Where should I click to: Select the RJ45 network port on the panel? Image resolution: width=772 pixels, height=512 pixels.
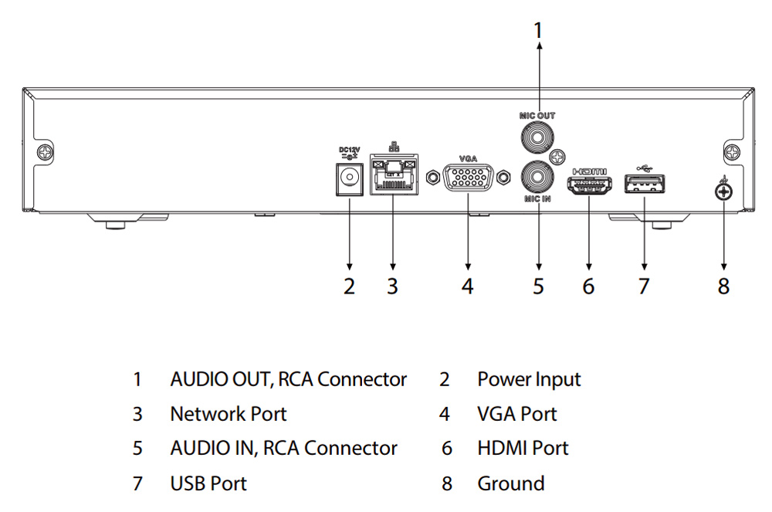click(x=392, y=177)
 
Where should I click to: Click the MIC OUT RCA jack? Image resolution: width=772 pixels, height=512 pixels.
click(x=537, y=139)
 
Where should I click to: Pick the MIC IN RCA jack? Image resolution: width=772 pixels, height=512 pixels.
click(x=537, y=177)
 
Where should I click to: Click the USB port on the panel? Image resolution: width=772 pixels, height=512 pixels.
click(x=645, y=185)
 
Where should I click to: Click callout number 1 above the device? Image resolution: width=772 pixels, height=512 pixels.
click(x=538, y=30)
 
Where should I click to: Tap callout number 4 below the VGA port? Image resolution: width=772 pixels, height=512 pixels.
click(x=467, y=286)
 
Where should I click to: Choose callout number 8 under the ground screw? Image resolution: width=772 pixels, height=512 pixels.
click(x=723, y=286)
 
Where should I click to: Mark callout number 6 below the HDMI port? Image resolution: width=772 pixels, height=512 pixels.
click(x=588, y=286)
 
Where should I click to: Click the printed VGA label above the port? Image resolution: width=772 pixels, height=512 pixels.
click(x=468, y=158)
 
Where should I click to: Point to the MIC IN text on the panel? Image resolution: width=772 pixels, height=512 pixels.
click(x=537, y=199)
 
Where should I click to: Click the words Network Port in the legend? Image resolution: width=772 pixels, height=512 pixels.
click(x=228, y=414)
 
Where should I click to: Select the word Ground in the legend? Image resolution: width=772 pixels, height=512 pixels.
click(x=510, y=484)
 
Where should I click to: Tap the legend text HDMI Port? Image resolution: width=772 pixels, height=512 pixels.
click(x=522, y=449)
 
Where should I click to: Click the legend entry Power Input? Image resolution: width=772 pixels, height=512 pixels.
click(x=529, y=379)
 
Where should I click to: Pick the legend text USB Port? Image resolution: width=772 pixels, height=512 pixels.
click(x=208, y=484)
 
